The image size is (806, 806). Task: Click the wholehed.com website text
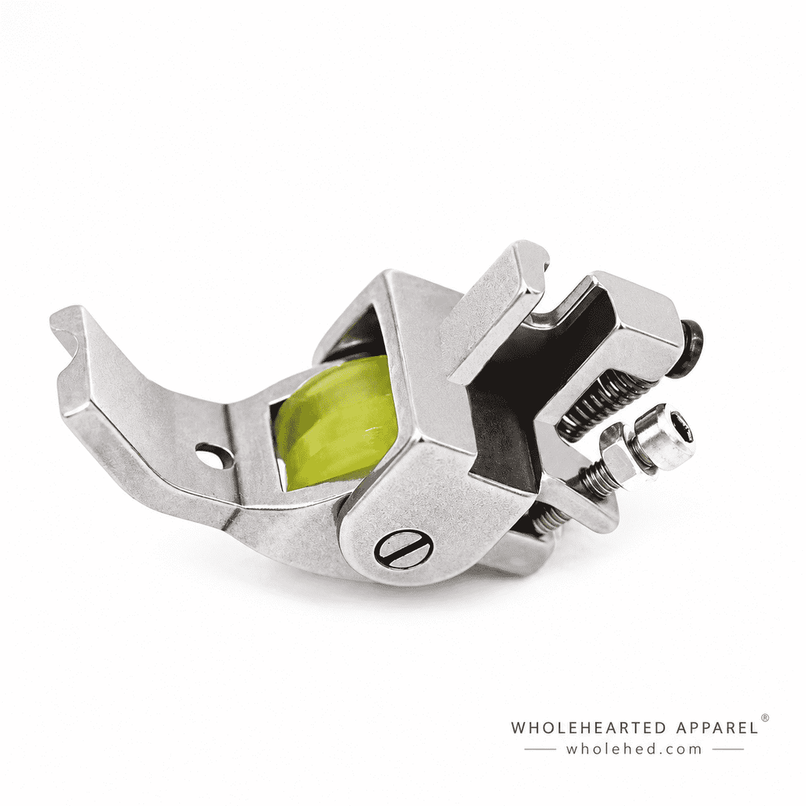633,749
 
